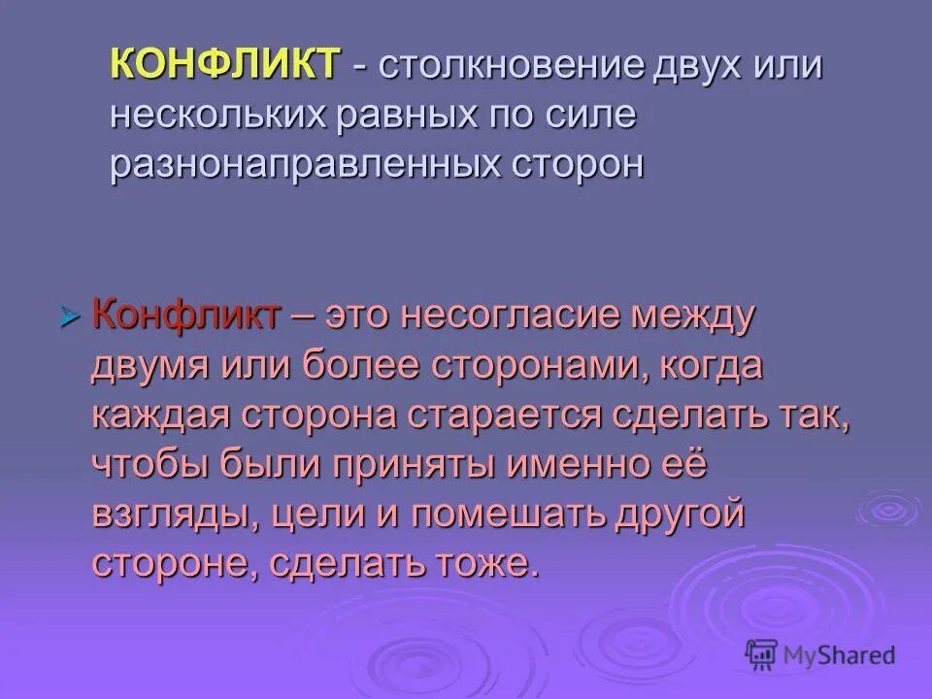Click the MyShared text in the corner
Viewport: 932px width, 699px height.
841,654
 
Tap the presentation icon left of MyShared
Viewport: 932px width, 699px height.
762,654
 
